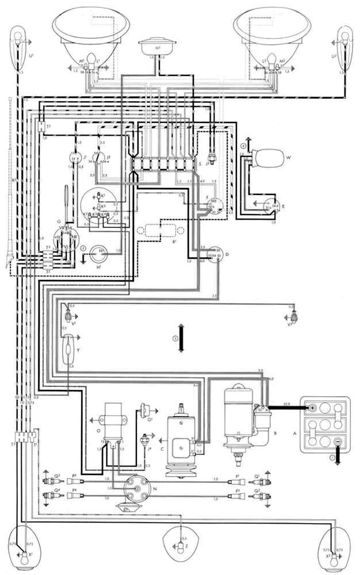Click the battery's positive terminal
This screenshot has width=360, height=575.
[x=312, y=408]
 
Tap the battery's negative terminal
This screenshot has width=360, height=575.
[x=338, y=442]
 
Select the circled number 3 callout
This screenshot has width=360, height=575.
[x=174, y=338]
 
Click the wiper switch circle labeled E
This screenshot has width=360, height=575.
[x=270, y=205]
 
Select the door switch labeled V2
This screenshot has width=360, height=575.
[x=295, y=316]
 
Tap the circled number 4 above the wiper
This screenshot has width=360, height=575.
[x=243, y=147]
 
